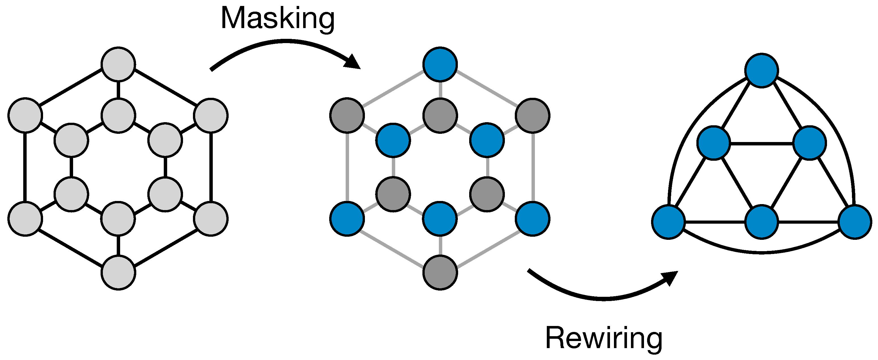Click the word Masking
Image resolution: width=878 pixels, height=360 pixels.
[x=277, y=19]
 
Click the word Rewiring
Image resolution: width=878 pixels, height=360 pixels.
[x=603, y=338]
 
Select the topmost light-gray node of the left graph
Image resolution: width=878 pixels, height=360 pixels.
[x=118, y=64]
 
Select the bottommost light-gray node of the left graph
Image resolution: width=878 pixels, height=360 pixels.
[x=118, y=273]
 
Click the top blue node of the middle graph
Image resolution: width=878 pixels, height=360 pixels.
[x=440, y=64]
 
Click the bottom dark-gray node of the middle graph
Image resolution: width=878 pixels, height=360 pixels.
[x=440, y=273]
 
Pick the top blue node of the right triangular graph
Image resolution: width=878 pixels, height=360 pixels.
[x=762, y=71]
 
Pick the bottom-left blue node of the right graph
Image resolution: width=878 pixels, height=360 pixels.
[x=668, y=222]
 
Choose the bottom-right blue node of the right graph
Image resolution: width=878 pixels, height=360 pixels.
[x=855, y=222]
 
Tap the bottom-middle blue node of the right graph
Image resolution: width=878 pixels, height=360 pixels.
[x=762, y=222]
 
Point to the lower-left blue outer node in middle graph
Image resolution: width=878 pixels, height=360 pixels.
[x=347, y=219]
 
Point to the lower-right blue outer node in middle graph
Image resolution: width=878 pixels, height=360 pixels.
[x=533, y=219]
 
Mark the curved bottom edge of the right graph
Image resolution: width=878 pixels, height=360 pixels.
[x=762, y=253]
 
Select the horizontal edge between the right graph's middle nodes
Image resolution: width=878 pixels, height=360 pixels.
[x=762, y=143]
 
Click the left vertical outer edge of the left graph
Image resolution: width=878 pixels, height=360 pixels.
[x=25, y=167]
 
